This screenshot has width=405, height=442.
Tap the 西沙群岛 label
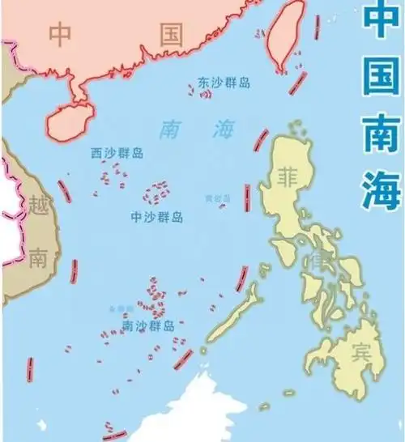point(117,152)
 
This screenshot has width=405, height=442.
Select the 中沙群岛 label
point(156,217)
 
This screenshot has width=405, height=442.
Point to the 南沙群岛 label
point(147,325)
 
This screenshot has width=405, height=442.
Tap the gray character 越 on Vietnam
point(38,204)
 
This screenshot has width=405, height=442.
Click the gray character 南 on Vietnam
point(38,258)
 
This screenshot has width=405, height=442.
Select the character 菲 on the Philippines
point(288,176)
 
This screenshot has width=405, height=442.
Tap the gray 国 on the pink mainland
point(170,34)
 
